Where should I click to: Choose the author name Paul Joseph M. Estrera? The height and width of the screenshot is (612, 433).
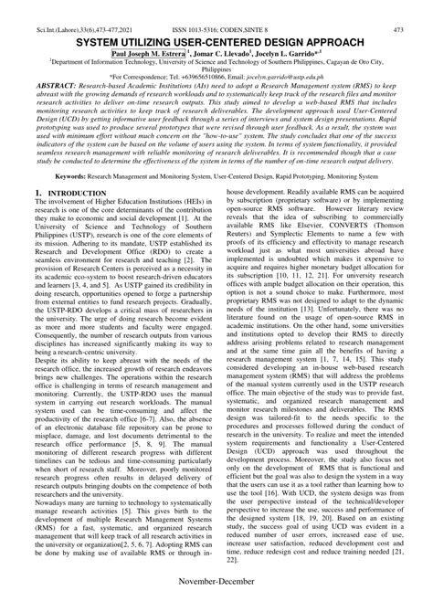coord(149,29)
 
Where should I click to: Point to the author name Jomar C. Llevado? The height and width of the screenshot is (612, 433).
coord(221,29)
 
